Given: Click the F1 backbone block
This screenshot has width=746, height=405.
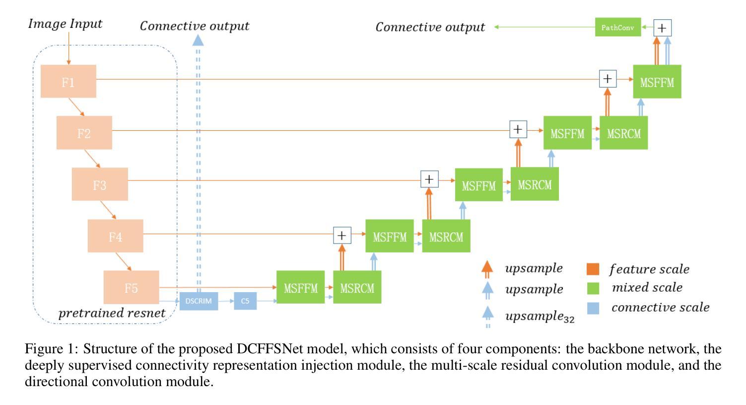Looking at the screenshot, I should coord(68,81).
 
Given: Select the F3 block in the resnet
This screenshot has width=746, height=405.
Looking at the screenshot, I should coord(100,184).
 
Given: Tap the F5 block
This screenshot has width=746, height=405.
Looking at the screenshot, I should coord(131,287).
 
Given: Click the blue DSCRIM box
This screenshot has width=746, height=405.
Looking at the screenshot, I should coord(199,301).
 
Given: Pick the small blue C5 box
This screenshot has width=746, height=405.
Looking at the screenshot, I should coord(245,301).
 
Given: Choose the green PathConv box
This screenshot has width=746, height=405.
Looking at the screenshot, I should coord(617,27).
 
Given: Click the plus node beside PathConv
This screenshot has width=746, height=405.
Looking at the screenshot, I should coord(662,28).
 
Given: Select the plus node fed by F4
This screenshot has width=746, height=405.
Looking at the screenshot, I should coord(342,235).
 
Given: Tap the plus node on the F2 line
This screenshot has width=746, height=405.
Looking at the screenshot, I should coord(518,130).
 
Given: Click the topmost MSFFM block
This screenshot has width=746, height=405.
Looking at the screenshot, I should coord(657,81).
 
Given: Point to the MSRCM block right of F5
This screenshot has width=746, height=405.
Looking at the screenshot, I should coord(357,287).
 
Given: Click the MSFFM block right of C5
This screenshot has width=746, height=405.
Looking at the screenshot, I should coord(300,287).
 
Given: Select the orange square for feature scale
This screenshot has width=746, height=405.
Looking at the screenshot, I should coord(593,269).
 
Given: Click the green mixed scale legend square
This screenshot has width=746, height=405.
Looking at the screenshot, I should coord(593,288).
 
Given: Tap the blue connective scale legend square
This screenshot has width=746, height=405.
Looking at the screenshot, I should coord(593,308).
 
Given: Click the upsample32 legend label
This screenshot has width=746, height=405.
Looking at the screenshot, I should coord(539,316).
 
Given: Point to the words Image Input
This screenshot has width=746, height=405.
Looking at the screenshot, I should coord(65,24).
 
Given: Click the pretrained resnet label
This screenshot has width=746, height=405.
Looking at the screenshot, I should coord(112,313).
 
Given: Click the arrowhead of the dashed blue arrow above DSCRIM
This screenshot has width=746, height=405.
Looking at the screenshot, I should coord(198,40).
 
